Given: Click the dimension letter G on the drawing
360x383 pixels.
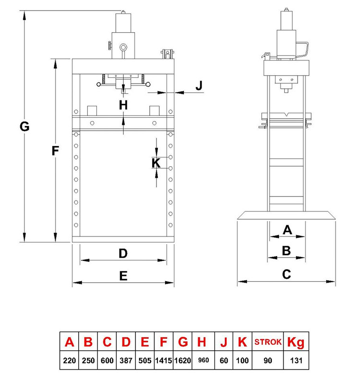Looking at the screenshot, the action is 24,126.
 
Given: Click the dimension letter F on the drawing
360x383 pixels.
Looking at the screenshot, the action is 55,150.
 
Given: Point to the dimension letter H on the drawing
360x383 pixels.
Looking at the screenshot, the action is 123,105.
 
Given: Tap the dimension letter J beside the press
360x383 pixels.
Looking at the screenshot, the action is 199,86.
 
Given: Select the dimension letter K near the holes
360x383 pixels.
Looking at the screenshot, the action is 156,163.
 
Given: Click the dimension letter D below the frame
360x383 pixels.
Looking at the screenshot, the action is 123,253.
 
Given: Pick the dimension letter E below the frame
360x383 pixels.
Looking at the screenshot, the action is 123,276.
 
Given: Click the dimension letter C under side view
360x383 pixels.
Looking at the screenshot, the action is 287,274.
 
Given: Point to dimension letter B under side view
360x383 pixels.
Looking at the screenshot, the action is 287,251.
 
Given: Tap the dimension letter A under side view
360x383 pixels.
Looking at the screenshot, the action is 288,230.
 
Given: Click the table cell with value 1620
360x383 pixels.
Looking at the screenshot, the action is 183,360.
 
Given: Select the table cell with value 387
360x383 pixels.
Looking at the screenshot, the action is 126,360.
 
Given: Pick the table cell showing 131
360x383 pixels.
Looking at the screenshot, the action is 296,360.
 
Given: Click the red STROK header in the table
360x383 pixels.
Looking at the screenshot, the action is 268,342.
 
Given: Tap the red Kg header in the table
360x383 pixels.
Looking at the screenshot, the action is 296,343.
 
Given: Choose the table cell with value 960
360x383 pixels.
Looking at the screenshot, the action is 204,360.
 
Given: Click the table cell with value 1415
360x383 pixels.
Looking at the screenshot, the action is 164,360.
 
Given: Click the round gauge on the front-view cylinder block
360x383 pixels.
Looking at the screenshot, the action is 123,47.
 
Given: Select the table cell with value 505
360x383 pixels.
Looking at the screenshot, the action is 145,360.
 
